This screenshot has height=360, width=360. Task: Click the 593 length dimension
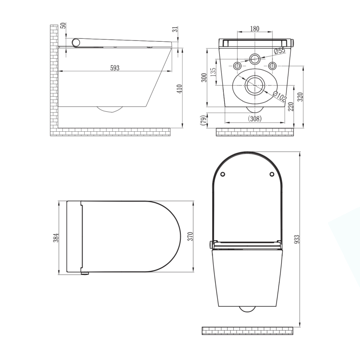[115, 68]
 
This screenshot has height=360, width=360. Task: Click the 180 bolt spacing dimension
[255, 28]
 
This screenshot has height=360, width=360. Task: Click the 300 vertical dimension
[204, 78]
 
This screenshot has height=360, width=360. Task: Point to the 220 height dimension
[291, 107]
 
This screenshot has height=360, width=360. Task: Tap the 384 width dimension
[56, 238]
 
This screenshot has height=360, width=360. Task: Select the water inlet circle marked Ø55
[256, 59]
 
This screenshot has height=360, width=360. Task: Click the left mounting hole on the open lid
[223, 174]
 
